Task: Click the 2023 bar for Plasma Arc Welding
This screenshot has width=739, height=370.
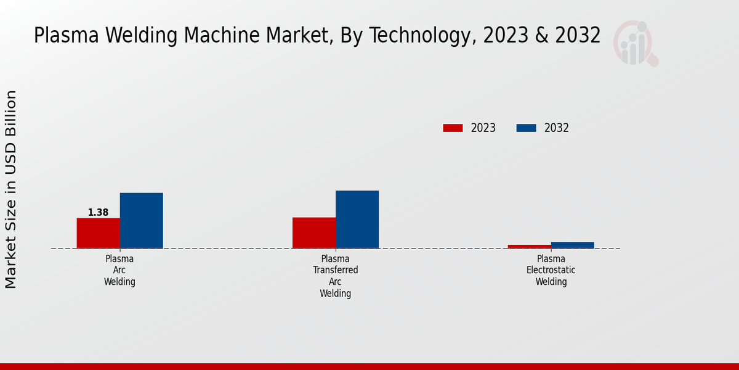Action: tap(98, 233)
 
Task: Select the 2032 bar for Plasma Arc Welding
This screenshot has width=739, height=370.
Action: tap(141, 221)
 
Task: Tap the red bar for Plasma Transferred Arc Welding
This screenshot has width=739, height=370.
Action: tap(314, 233)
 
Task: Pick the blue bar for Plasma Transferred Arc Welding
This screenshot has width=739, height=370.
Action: tap(357, 220)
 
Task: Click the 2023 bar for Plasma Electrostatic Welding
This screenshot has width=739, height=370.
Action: tap(529, 247)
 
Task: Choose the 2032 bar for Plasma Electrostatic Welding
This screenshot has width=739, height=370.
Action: tap(573, 245)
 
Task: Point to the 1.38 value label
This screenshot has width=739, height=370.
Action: tap(98, 213)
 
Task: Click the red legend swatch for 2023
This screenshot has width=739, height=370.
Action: tap(453, 128)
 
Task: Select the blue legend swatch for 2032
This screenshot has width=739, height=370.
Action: tap(526, 128)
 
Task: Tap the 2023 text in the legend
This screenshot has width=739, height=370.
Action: tap(483, 128)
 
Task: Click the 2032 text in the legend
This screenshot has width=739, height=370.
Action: tap(557, 128)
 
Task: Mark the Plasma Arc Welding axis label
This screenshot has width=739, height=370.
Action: tap(119, 270)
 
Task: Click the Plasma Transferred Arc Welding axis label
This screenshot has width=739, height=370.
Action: tap(335, 276)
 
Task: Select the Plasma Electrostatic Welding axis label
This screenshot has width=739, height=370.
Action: tap(551, 270)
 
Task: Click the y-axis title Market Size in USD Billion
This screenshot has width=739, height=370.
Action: tap(11, 189)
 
